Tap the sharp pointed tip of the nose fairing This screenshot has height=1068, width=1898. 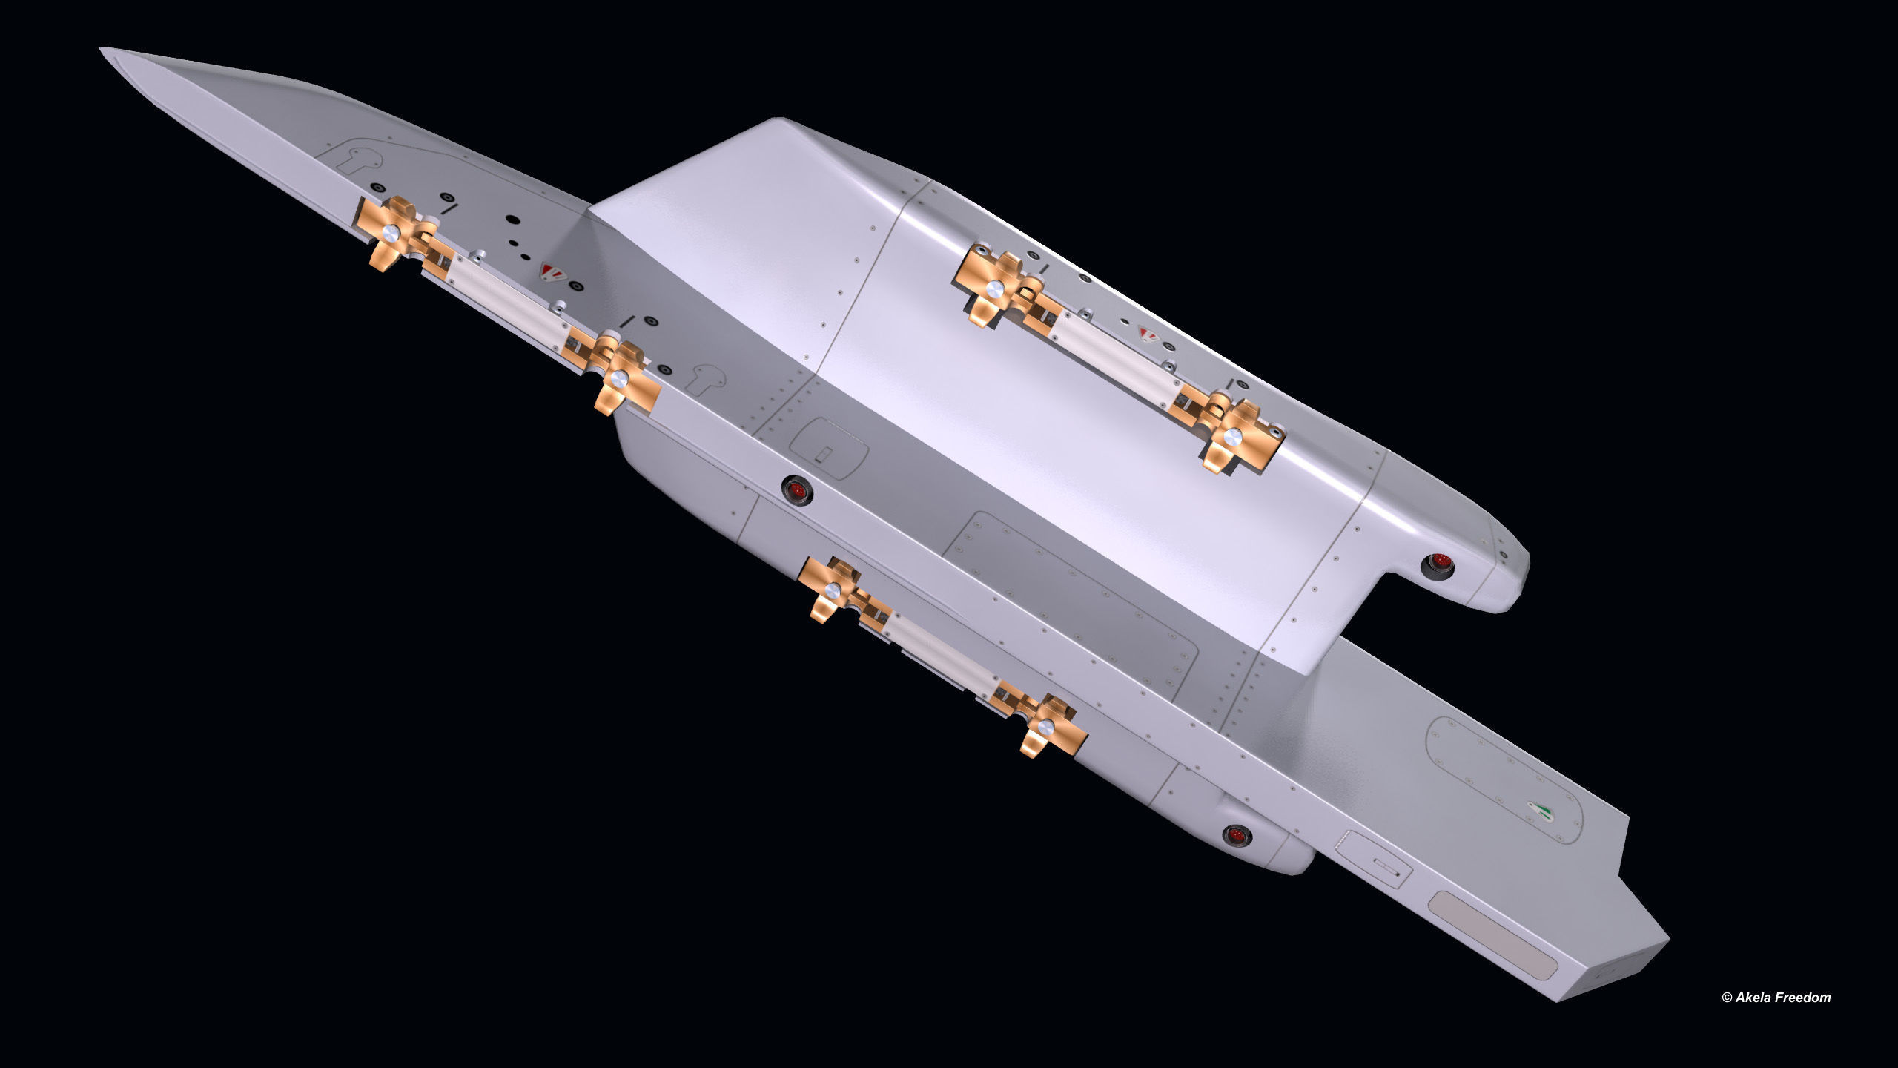[x=103, y=51]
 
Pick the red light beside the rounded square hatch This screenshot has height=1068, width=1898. [x=797, y=490]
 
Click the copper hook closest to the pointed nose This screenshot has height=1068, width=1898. [x=389, y=234]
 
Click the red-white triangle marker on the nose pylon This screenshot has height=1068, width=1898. [x=549, y=272]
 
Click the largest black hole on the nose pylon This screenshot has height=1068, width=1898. [x=512, y=220]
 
